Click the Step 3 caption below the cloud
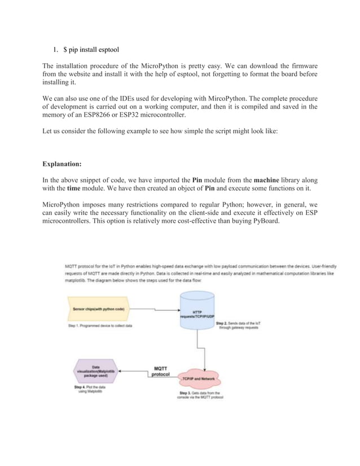coord(201,394)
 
